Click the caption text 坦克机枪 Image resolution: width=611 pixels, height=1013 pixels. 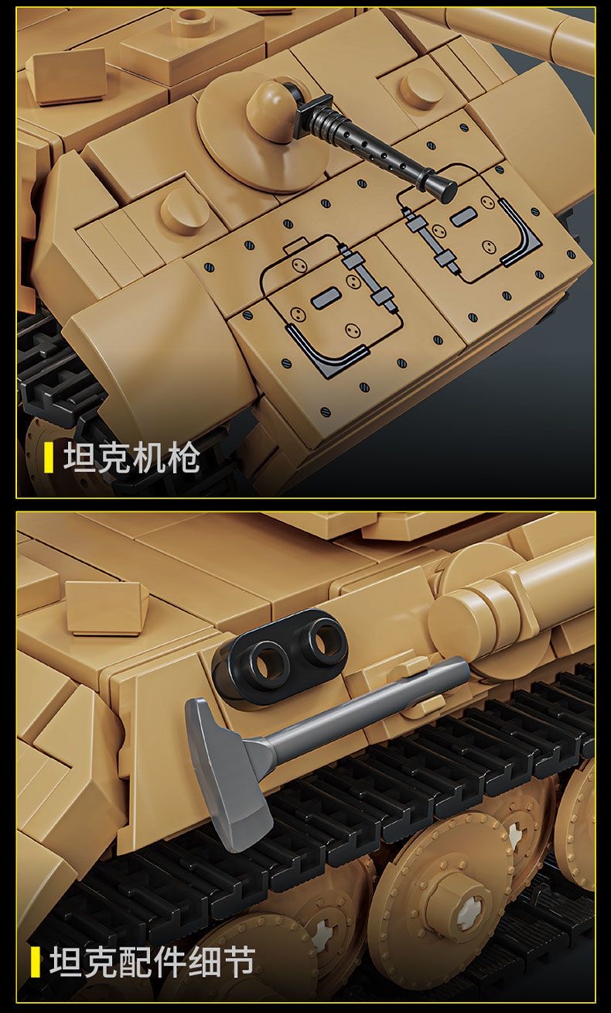tap(131, 458)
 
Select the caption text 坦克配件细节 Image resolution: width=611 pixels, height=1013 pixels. tap(152, 962)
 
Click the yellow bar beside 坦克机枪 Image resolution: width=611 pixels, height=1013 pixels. tap(48, 458)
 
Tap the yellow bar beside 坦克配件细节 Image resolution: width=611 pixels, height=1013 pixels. tap(35, 962)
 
